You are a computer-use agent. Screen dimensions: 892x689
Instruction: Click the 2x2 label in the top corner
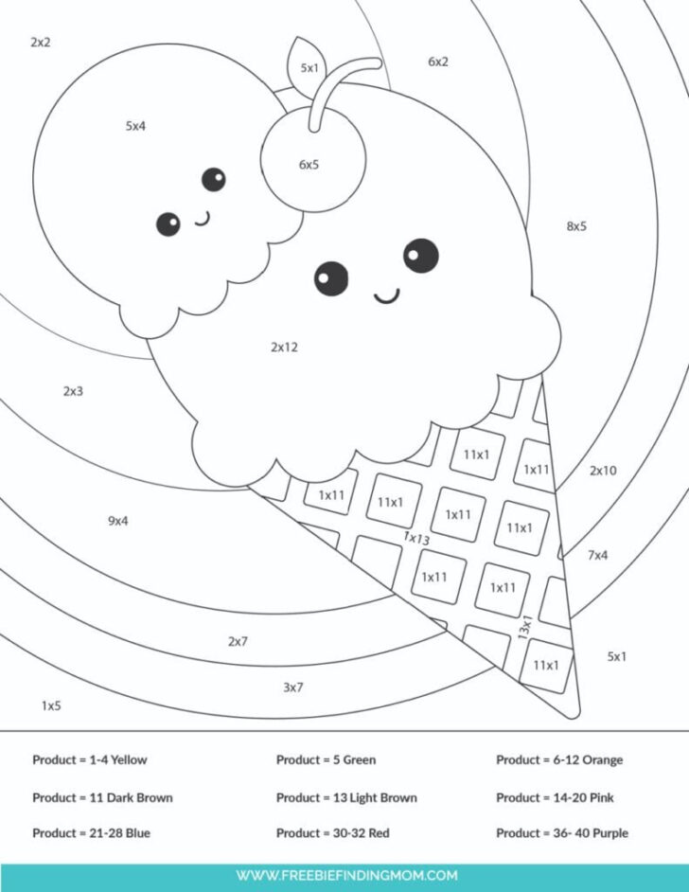[40, 43]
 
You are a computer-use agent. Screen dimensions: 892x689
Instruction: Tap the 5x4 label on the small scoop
[135, 125]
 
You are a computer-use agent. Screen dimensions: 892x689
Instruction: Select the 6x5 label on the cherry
[309, 165]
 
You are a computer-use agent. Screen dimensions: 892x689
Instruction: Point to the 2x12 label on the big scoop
[284, 348]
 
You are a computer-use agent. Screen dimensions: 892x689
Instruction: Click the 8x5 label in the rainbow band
[576, 226]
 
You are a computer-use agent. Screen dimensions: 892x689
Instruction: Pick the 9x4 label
[117, 521]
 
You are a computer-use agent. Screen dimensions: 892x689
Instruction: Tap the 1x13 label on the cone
[416, 538]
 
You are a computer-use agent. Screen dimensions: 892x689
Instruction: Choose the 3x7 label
[292, 687]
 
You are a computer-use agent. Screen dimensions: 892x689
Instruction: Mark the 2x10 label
[603, 471]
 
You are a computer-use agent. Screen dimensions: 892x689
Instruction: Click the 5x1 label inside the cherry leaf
[309, 68]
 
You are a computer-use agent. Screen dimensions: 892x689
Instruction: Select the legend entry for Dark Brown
[102, 797]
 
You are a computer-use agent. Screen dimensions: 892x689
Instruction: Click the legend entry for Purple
[561, 833]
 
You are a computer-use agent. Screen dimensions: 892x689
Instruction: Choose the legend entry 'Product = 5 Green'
[326, 759]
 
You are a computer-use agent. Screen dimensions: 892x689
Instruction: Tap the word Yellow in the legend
[129, 759]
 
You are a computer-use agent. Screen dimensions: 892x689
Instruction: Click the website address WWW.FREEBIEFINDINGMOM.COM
[346, 875]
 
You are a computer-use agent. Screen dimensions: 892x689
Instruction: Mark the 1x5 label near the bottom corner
[51, 705]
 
